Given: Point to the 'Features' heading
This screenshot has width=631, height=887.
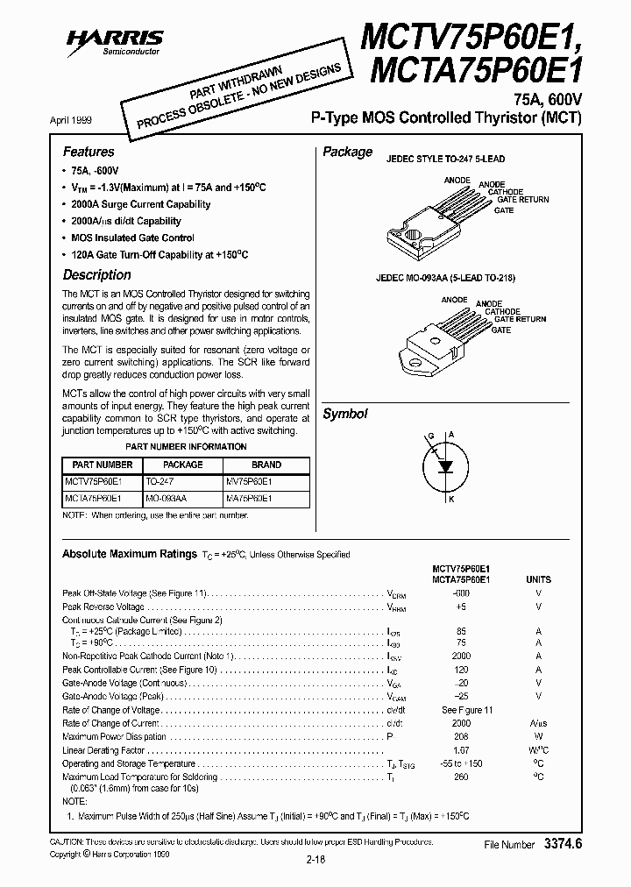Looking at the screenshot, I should coord(88,152).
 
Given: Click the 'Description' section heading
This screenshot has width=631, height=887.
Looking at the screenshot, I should coord(96,274).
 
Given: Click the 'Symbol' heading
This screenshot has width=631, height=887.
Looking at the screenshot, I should coord(344,414).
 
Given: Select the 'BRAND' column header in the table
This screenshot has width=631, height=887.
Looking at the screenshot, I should coord(266,465).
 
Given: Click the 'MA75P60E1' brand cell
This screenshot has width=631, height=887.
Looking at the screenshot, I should coord(249,497).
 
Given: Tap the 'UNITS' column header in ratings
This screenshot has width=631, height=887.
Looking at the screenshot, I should coord(538,579).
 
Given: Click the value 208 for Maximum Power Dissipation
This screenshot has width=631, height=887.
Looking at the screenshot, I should coord(461,737).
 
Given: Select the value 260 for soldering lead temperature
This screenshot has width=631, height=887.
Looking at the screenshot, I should coord(461,777).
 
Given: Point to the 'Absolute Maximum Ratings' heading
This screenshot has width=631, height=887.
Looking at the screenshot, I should coord(129,554).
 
